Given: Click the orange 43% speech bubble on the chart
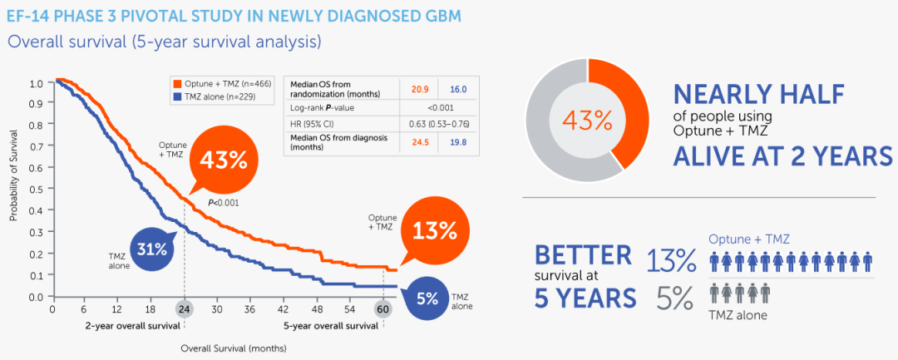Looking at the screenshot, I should [x=220, y=161].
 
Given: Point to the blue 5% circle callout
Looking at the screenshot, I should [x=427, y=298].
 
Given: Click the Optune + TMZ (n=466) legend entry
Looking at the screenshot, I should [x=223, y=83].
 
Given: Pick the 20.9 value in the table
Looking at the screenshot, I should [x=419, y=89].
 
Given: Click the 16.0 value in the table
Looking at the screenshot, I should [x=458, y=89].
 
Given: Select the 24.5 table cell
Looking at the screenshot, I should [x=419, y=142].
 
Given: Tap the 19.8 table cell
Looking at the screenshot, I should [x=458, y=142].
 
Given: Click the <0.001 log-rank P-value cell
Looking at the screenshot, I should [x=439, y=107].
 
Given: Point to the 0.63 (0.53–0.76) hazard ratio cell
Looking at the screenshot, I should [x=439, y=125].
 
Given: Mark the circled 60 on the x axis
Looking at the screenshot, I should [x=382, y=308].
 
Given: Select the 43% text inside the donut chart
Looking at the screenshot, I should [x=588, y=120].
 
